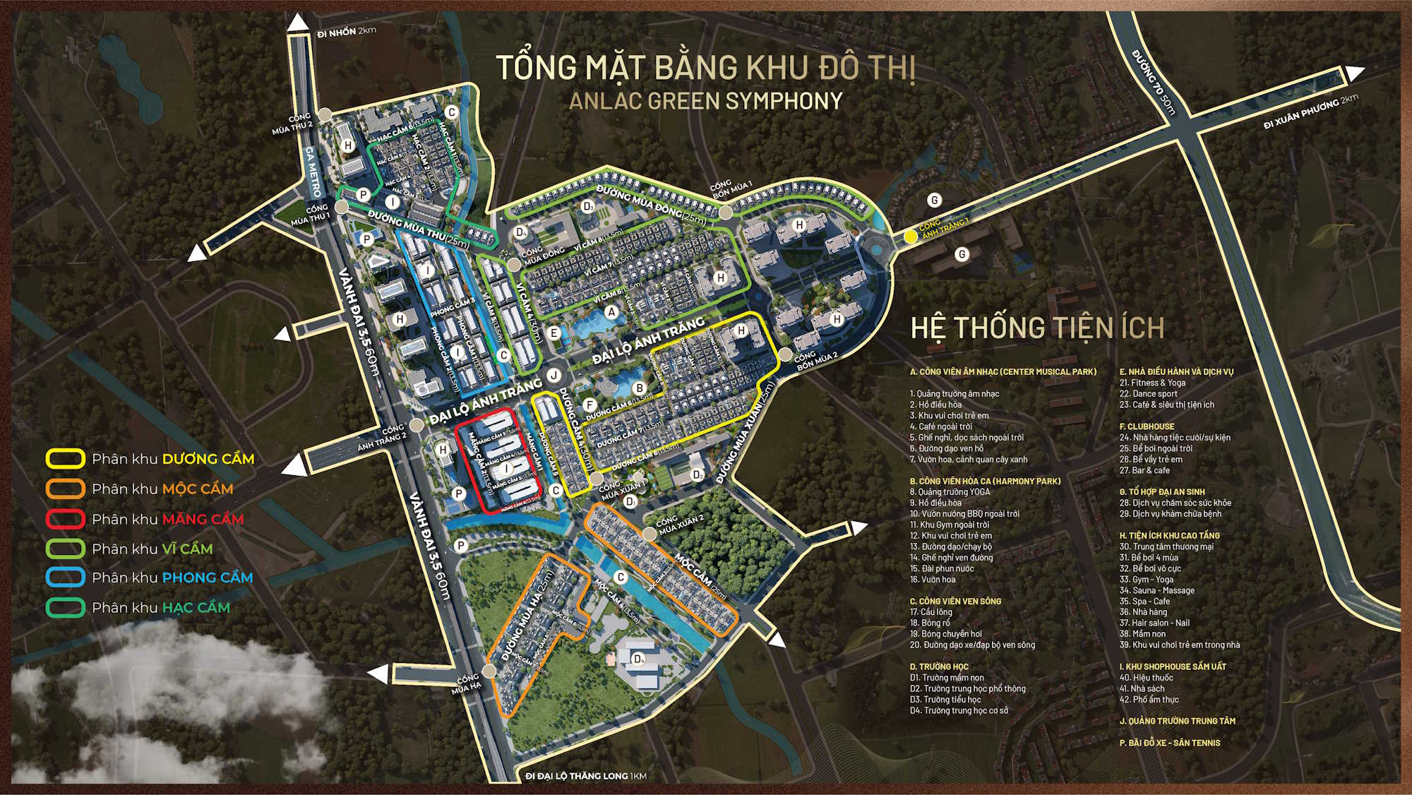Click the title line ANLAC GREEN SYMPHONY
tap(705, 101)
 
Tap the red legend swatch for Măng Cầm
tap(66, 519)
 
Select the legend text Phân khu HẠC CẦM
tap(161, 608)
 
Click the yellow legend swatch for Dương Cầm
tap(66, 459)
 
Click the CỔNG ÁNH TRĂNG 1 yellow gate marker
tap(911, 237)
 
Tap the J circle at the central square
tap(554, 376)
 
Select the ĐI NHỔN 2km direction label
tap(346, 32)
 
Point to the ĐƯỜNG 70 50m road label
tap(1154, 82)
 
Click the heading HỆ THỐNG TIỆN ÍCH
tap(1036, 328)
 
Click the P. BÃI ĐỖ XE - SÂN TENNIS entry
tap(1169, 743)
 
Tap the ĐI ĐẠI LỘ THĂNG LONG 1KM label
tap(585, 776)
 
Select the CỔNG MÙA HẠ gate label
tap(466, 684)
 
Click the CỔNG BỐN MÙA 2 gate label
tap(815, 361)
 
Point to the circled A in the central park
tap(611, 311)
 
